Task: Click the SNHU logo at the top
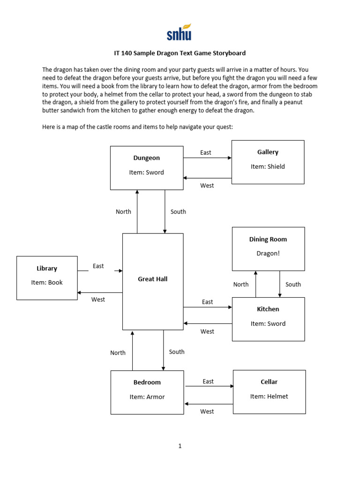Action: coord(179,32)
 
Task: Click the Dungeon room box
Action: coord(147,167)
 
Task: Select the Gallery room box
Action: coord(268,162)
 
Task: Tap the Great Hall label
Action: coord(152,279)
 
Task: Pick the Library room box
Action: coord(47,277)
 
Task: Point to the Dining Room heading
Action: coord(268,240)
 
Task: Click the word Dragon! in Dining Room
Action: coord(268,254)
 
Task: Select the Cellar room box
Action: coord(269,391)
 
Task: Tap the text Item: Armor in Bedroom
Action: coord(147,397)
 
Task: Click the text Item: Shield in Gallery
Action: coord(268,166)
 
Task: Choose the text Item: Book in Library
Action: coord(47,283)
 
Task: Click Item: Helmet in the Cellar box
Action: coord(269,397)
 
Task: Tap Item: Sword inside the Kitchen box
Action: coord(268,324)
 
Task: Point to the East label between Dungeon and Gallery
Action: coord(206,153)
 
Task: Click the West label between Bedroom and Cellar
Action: coord(207,412)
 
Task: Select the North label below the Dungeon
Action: coord(123,212)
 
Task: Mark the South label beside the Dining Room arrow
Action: coord(293,285)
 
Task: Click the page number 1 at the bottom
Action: coord(180,446)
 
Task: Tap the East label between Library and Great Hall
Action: coord(98,266)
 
